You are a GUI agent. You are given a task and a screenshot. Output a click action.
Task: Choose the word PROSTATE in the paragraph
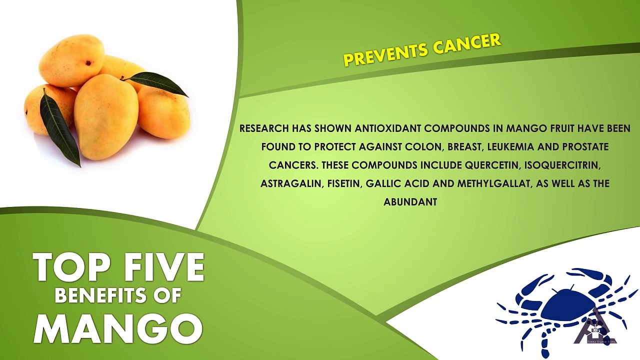click(x=585, y=147)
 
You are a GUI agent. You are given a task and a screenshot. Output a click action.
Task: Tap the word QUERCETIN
click(x=491, y=165)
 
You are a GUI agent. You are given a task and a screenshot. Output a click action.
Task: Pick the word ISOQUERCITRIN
click(x=561, y=165)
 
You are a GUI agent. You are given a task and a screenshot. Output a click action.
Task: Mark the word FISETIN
click(x=344, y=183)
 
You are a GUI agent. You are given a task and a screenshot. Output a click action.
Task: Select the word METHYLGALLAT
click(x=495, y=183)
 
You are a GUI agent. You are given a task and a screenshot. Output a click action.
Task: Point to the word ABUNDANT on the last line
click(x=410, y=202)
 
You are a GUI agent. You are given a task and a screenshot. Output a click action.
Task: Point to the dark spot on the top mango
click(x=87, y=61)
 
